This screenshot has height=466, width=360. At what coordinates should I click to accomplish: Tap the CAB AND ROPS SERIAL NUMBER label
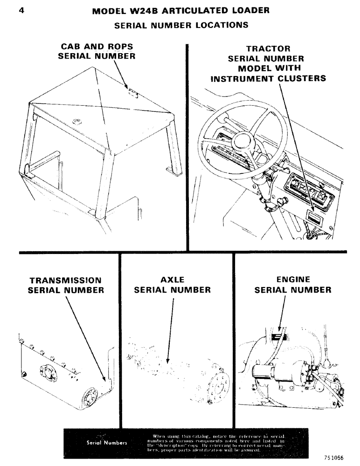click(x=97, y=51)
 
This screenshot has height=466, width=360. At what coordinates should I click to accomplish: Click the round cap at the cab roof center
click(x=77, y=122)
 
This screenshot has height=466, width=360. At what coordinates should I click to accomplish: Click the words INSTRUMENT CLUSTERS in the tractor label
click(x=268, y=78)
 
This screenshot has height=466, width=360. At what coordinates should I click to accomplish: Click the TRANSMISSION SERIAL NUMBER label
click(x=66, y=285)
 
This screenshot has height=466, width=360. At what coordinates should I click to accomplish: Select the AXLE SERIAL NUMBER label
click(x=172, y=285)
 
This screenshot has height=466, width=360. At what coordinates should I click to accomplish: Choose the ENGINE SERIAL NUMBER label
click(x=293, y=285)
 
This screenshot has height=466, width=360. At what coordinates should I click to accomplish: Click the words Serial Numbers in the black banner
click(x=106, y=443)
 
